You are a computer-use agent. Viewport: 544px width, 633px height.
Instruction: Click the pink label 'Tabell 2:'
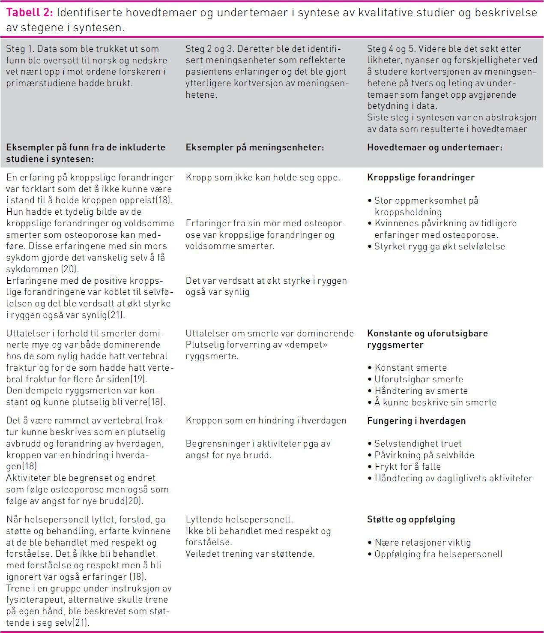point(29,12)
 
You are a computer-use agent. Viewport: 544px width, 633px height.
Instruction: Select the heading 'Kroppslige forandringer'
point(421,177)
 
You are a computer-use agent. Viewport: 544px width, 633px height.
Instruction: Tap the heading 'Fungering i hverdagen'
point(416,421)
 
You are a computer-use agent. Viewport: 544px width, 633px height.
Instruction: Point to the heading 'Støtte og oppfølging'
point(411,519)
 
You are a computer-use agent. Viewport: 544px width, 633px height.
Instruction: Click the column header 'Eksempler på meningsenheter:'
point(254,147)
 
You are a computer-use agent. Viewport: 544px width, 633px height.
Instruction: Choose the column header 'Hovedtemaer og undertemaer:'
point(434,147)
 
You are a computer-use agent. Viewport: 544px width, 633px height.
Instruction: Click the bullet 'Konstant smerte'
point(410,368)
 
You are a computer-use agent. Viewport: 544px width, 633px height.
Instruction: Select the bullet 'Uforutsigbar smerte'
point(418,379)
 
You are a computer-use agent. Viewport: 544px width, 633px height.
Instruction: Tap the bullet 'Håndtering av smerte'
point(421,391)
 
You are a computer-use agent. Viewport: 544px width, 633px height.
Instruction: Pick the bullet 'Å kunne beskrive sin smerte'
point(435,402)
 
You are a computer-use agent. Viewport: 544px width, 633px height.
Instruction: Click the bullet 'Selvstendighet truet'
point(418,444)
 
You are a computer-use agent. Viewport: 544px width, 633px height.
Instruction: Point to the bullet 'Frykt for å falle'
point(407,467)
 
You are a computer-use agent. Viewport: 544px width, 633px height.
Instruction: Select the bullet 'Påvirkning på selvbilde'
point(424,455)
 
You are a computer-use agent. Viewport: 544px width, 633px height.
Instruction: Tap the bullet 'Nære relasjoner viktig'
point(422,543)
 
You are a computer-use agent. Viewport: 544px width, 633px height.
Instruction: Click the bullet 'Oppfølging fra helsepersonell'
point(438,554)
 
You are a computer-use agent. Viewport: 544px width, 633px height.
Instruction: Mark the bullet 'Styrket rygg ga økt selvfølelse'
point(439,246)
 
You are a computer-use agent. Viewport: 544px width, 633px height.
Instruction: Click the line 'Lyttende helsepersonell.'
point(239,519)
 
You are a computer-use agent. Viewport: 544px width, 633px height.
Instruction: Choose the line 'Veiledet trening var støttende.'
point(250,554)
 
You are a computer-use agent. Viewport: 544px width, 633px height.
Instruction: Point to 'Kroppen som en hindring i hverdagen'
point(266,421)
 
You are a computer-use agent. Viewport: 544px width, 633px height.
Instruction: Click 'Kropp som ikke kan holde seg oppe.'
point(263,177)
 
